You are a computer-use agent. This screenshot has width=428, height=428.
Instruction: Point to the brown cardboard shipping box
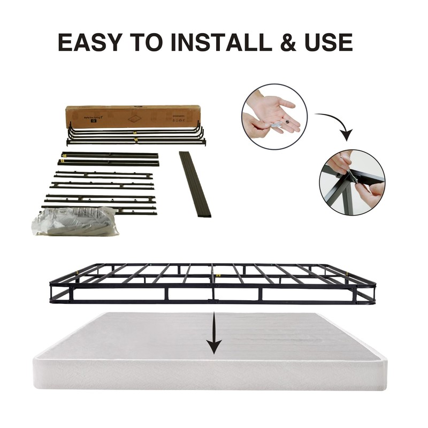tap(133, 116)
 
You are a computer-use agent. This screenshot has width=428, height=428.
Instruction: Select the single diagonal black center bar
tap(195, 184)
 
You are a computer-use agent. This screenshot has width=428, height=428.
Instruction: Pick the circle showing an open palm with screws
tap(274, 116)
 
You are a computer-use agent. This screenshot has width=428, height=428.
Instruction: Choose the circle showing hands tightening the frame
tap(351, 181)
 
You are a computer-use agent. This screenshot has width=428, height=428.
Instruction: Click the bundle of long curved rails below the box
tap(136, 135)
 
